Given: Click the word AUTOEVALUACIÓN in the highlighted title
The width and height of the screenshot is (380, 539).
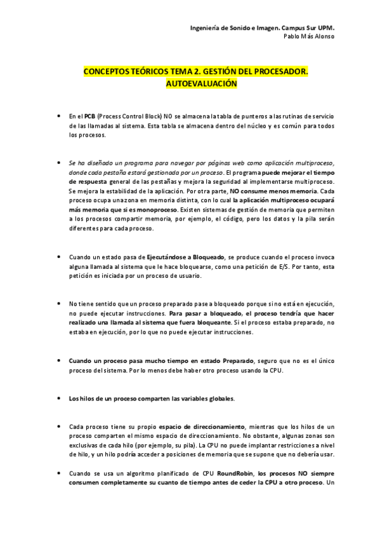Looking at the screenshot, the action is [x=200, y=84].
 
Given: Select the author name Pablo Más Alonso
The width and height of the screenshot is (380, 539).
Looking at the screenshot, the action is [x=309, y=37].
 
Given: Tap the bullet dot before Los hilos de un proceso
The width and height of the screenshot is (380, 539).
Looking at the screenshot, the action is [x=58, y=399].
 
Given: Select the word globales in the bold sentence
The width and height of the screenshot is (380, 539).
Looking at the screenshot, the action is [x=218, y=399].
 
